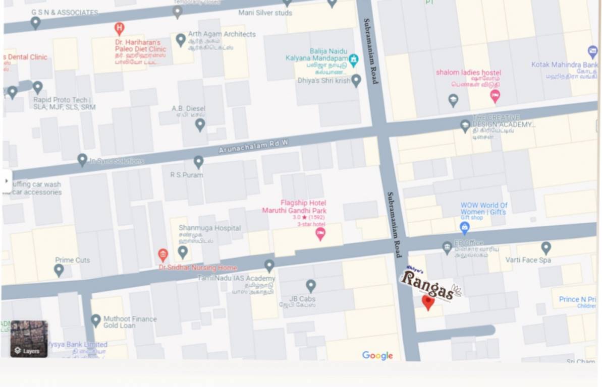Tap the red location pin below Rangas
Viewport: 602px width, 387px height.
click(x=428, y=302)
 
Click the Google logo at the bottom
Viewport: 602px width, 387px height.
click(x=377, y=356)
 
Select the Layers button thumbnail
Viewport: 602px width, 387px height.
click(x=29, y=339)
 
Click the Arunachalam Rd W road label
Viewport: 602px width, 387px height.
click(x=253, y=147)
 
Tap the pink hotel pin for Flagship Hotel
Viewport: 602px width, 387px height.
click(x=320, y=234)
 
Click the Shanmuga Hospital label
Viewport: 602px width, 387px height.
click(x=209, y=228)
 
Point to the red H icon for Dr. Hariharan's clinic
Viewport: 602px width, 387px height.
click(x=119, y=28)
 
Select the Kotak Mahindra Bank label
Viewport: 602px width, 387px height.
click(x=564, y=65)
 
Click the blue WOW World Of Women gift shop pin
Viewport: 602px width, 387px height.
click(x=465, y=228)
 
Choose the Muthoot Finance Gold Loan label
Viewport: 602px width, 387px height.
click(x=130, y=322)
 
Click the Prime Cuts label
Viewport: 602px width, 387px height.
click(x=72, y=260)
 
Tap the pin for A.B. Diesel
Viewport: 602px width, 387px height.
click(x=200, y=124)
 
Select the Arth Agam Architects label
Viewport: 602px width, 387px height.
click(x=222, y=34)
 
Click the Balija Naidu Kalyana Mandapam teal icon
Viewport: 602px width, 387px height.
click(x=354, y=60)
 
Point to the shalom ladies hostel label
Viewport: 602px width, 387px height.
click(x=468, y=73)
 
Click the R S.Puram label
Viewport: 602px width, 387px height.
click(x=186, y=175)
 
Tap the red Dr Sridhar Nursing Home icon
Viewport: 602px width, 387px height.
click(x=162, y=255)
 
